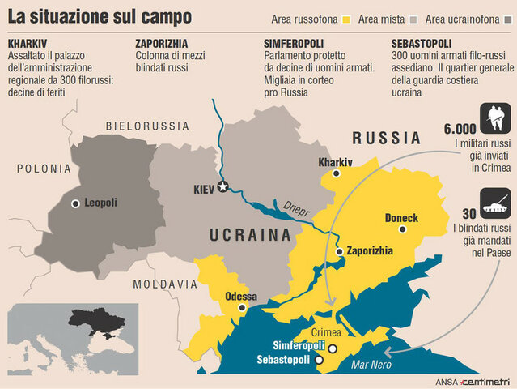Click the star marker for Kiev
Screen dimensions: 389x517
pyautogui.click(x=224, y=187)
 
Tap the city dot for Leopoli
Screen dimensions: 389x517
pyautogui.click(x=75, y=203)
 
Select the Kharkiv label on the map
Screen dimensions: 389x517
pyautogui.click(x=336, y=162)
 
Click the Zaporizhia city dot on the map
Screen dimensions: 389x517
pyautogui.click(x=339, y=252)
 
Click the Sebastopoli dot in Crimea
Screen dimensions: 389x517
pyautogui.click(x=319, y=359)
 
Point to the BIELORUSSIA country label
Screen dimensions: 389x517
pyautogui.click(x=148, y=126)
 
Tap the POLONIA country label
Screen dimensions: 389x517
pyautogui.click(x=43, y=169)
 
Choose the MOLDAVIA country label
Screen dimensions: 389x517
pyautogui.click(x=165, y=284)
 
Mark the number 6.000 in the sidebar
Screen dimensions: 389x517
pyautogui.click(x=460, y=128)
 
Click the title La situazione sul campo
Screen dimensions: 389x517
pyautogui.click(x=100, y=16)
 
